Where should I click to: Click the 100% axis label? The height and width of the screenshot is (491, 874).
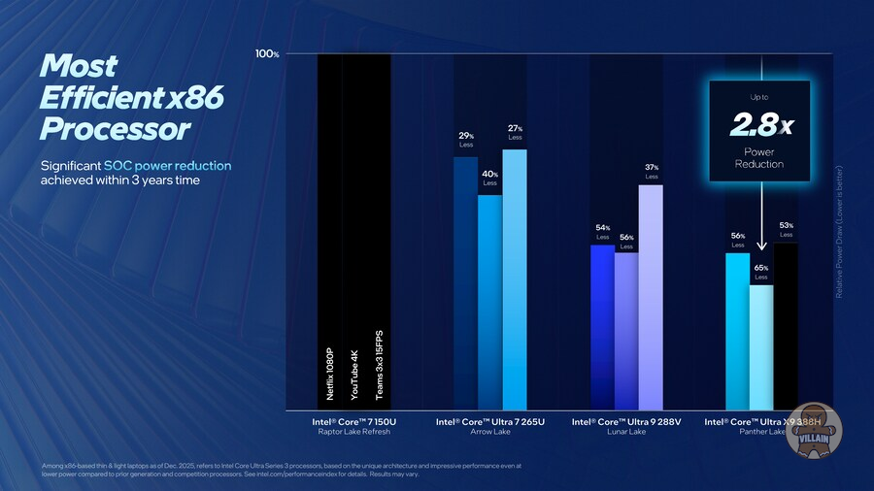pyautogui.click(x=267, y=54)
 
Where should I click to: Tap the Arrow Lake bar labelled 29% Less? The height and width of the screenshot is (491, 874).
pyautogui.click(x=465, y=281)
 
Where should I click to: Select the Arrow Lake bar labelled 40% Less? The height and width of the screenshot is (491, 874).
pyautogui.click(x=489, y=301)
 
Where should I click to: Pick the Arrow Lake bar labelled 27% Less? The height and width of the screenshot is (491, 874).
pyautogui.click(x=515, y=278)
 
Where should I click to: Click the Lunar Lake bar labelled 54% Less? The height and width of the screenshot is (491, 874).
pyautogui.click(x=602, y=326)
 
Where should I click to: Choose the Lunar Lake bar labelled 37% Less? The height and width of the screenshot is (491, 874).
pyautogui.click(x=651, y=296)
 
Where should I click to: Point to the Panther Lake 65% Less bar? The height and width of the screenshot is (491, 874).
pyautogui.click(x=761, y=345)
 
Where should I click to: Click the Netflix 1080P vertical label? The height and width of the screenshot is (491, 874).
pyautogui.click(x=329, y=375)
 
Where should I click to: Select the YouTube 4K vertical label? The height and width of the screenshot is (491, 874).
pyautogui.click(x=354, y=375)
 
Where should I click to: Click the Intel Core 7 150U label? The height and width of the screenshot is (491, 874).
pyautogui.click(x=354, y=422)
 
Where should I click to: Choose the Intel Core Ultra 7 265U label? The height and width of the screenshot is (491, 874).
pyautogui.click(x=489, y=422)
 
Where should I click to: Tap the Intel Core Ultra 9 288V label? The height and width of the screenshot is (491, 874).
pyautogui.click(x=624, y=422)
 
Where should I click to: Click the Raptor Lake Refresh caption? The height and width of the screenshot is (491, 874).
pyautogui.click(x=354, y=434)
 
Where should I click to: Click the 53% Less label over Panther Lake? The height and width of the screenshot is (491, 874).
pyautogui.click(x=786, y=229)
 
